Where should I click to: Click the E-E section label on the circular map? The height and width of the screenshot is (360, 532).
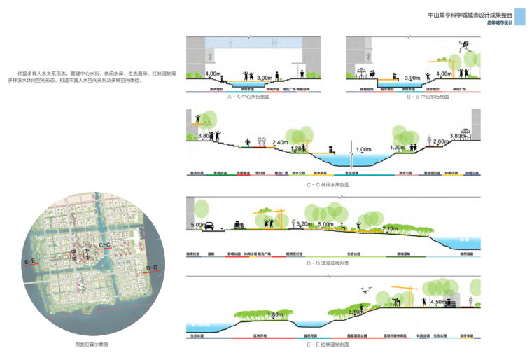click(31, 261)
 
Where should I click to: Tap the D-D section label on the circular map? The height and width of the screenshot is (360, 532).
click(152, 267)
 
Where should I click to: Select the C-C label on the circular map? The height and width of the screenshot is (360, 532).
click(105, 244)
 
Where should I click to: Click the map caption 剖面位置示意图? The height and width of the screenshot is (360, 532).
click(90, 345)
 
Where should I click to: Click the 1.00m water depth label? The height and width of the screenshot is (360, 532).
click(364, 150)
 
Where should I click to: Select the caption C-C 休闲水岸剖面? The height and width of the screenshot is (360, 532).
click(328, 184)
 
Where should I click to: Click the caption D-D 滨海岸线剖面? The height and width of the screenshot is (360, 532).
click(328, 263)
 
